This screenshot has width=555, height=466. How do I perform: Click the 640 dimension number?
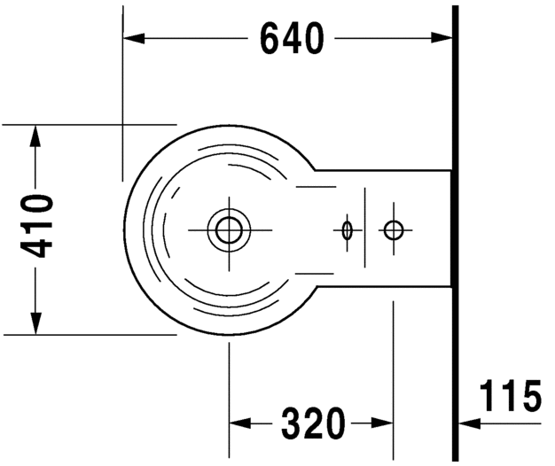pyautogui.click(x=291, y=38)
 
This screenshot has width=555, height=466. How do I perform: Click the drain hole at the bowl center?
pyautogui.click(x=230, y=229)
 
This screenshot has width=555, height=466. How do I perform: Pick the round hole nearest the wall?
pyautogui.click(x=393, y=230)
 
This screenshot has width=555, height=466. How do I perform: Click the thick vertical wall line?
pyautogui.click(x=456, y=266)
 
